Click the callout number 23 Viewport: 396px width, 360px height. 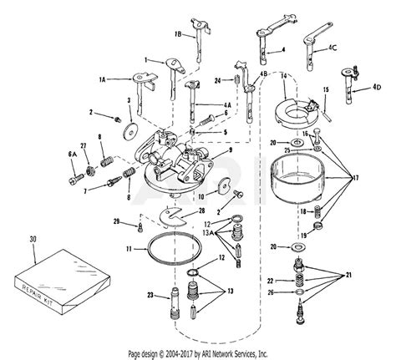(x=148, y=295)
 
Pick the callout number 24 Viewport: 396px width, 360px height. (x=216, y=81)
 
